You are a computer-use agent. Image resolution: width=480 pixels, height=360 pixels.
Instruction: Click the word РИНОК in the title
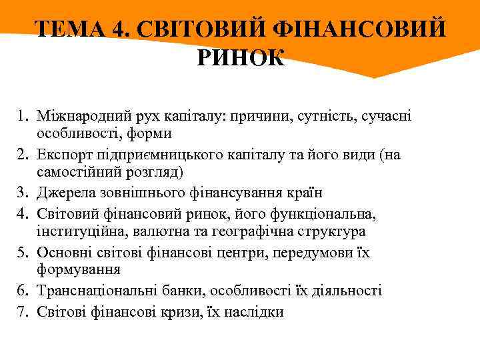point(241,58)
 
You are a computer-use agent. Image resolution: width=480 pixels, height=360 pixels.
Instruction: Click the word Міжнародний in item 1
point(81,116)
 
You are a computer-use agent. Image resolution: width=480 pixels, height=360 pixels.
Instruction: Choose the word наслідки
point(254,311)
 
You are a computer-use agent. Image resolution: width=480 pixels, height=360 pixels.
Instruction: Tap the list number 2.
point(24,155)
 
